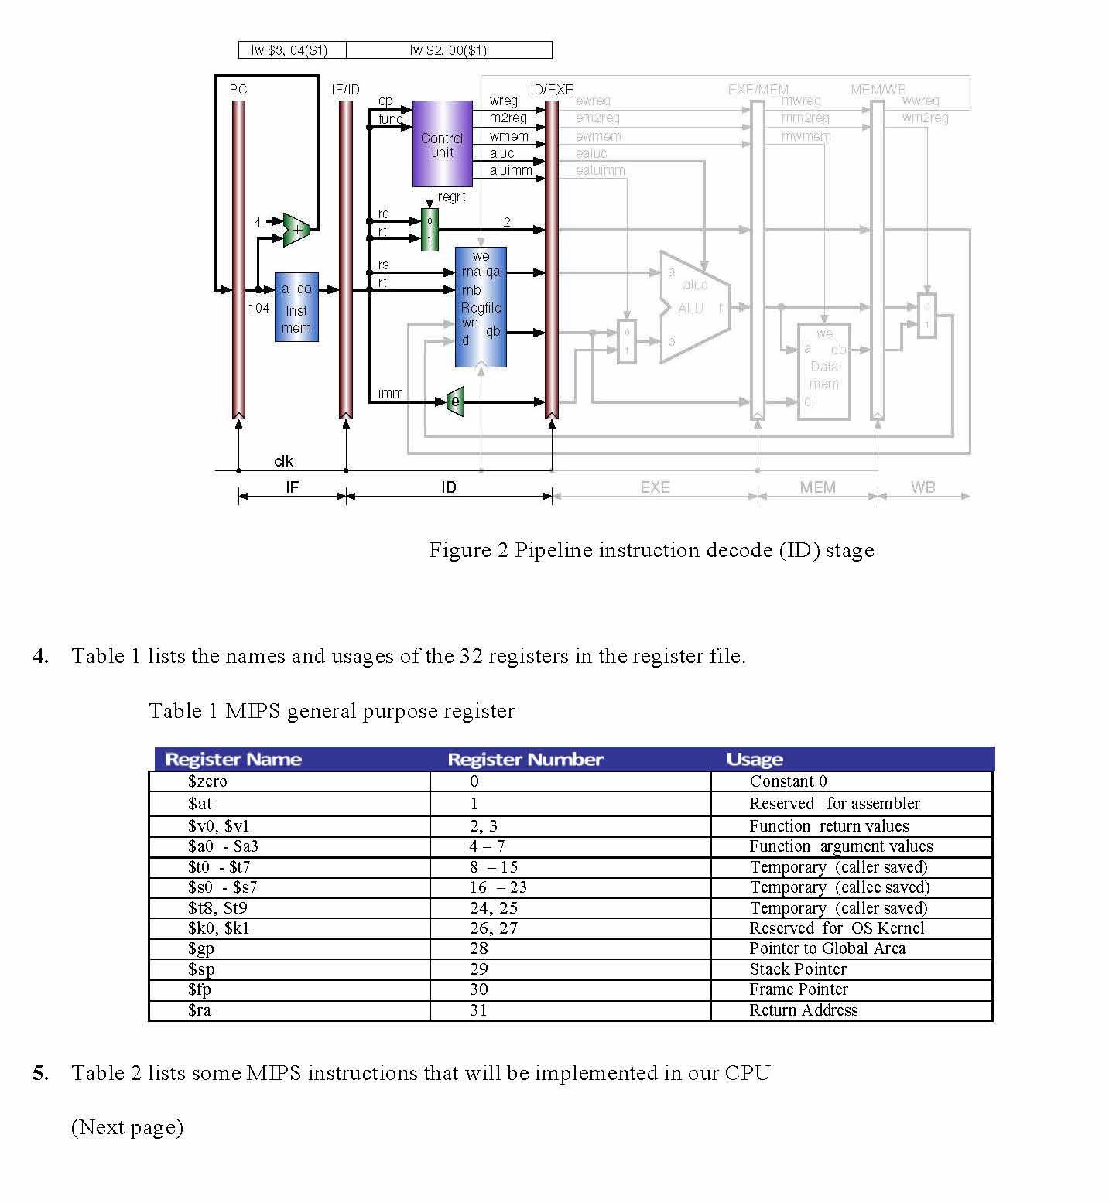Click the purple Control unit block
pyautogui.click(x=442, y=144)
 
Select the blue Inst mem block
pyautogui.click(x=296, y=307)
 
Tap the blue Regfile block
pyautogui.click(x=481, y=307)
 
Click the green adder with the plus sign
pyautogui.click(x=296, y=230)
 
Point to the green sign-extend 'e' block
pyautogui.click(x=456, y=401)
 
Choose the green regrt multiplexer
pyautogui.click(x=430, y=230)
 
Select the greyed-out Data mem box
pyautogui.click(x=823, y=371)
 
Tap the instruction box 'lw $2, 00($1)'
pyautogui.click(x=448, y=50)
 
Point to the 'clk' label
pyautogui.click(x=283, y=461)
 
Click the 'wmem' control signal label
pyautogui.click(x=508, y=136)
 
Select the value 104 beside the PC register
pyautogui.click(x=258, y=308)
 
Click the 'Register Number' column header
pyautogui.click(x=525, y=759)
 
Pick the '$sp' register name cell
pyautogui.click(x=201, y=969)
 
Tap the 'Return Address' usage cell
pyautogui.click(x=803, y=1010)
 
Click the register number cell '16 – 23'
pyautogui.click(x=498, y=887)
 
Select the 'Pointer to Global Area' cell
pyautogui.click(x=827, y=948)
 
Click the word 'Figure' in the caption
pyautogui.click(x=460, y=550)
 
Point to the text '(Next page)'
pyautogui.click(x=127, y=1127)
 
